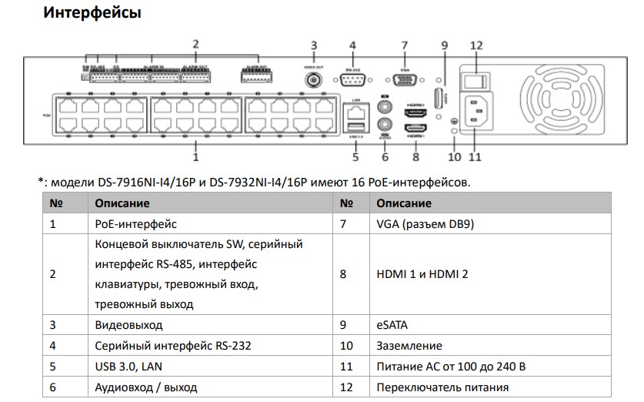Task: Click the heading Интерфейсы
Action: point(92,13)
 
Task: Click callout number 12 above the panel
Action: point(476,45)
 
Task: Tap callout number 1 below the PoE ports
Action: point(195,156)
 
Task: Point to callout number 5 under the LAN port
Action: point(355,156)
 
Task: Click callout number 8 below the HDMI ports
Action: point(415,156)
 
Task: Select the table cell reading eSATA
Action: point(392,325)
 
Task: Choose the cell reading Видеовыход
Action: point(128,325)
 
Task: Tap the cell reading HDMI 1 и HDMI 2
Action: point(422,273)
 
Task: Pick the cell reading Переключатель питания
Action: point(442,387)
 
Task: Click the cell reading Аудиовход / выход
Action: point(145,387)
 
